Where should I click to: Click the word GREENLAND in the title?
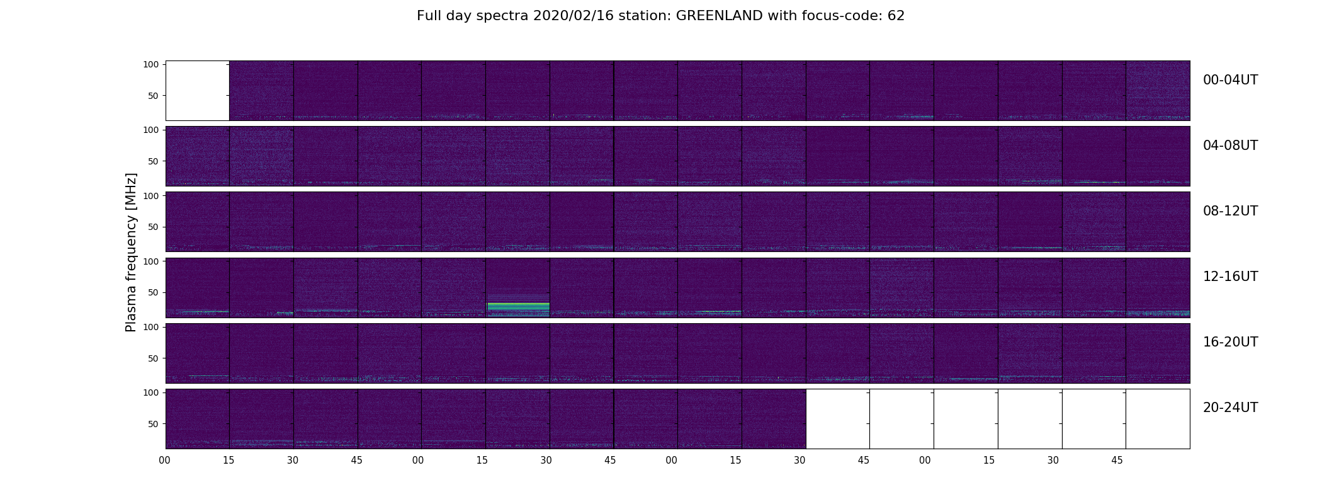[719, 16]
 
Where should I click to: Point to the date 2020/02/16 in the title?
[579, 16]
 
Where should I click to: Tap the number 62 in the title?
[896, 16]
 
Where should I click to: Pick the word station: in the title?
[650, 16]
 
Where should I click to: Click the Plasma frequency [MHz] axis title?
[131, 252]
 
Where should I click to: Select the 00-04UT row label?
[1230, 80]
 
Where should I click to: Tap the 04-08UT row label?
[1230, 146]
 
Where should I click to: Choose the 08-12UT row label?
[1230, 211]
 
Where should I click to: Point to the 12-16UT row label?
[1230, 277]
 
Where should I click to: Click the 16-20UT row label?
[1230, 342]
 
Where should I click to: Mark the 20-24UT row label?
[1230, 408]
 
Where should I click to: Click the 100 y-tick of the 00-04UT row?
[151, 64]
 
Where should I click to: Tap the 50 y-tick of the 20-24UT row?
[154, 424]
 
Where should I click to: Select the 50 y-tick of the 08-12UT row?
[154, 227]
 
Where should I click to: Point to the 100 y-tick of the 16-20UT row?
[151, 327]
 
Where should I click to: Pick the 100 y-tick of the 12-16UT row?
[151, 261]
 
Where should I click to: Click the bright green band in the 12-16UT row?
[518, 307]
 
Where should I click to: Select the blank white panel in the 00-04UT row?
[198, 91]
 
